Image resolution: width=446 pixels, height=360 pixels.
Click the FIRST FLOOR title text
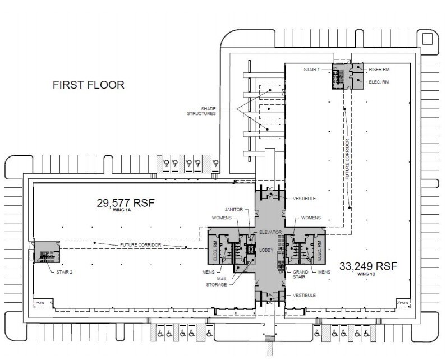click(x=88, y=85)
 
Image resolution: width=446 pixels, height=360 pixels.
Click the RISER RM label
click(x=379, y=70)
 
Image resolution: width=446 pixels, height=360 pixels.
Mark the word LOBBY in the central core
click(x=265, y=251)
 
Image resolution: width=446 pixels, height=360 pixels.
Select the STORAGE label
click(x=216, y=285)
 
